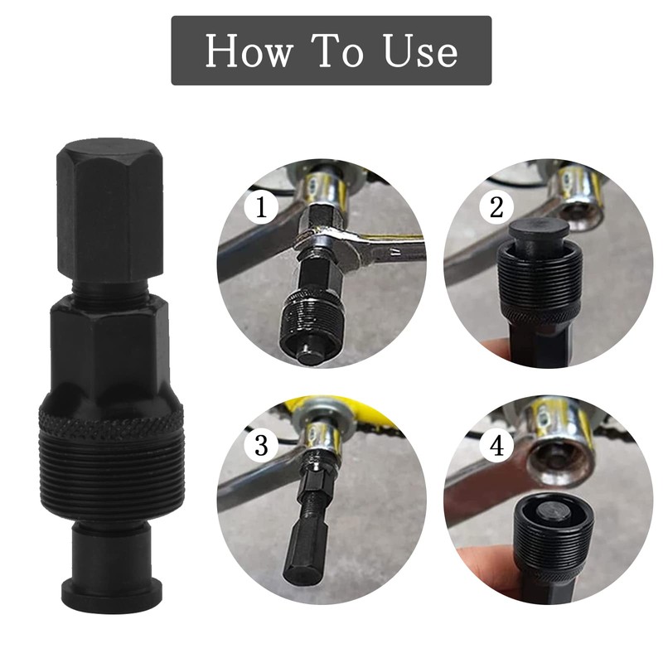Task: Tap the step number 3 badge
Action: coord(262,447)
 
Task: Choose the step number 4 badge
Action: coord(496,447)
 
